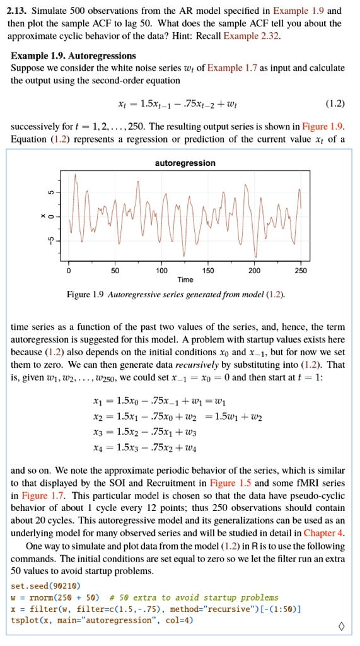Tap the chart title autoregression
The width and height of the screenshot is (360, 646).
(185, 163)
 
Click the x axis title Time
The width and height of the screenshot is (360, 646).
(185, 279)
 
